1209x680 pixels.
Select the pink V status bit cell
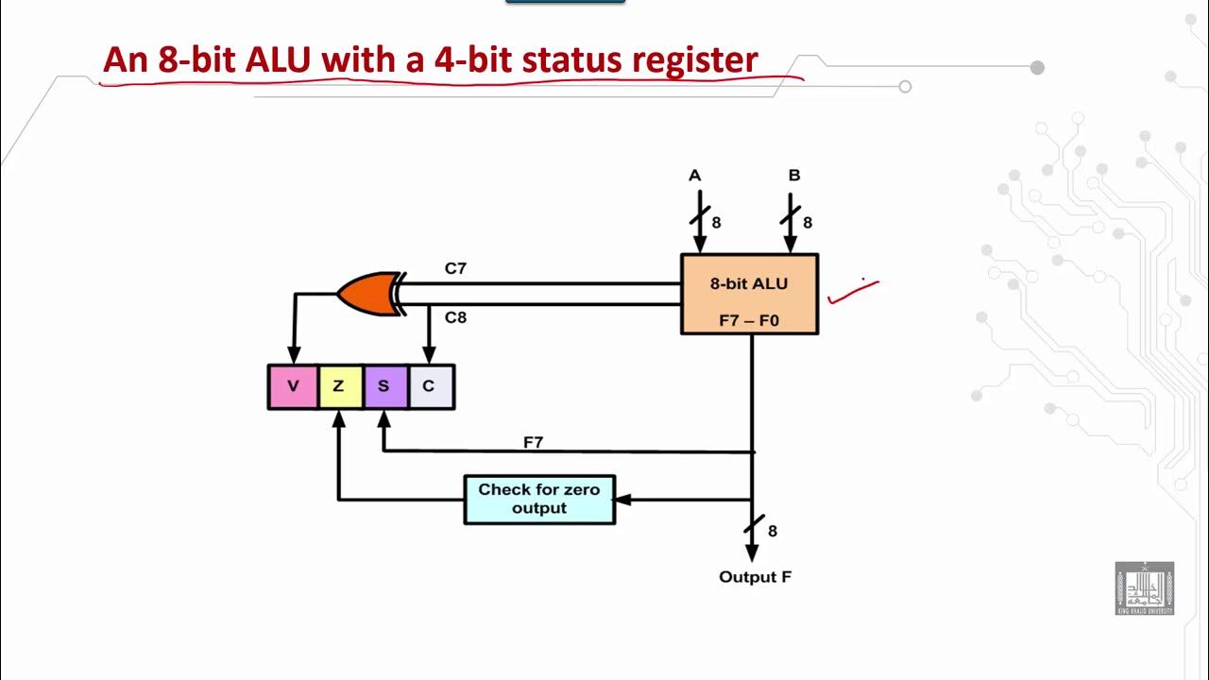pos(293,386)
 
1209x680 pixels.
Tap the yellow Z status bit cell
pos(339,386)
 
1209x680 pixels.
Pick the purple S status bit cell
pos(384,386)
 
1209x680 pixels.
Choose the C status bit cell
pos(430,386)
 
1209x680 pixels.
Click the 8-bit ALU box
pos(749,294)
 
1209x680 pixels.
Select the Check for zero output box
pos(539,499)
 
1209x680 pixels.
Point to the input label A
pos(695,176)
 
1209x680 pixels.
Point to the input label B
pos(794,176)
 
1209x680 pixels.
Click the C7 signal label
pos(455,269)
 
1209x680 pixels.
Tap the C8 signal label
pos(455,317)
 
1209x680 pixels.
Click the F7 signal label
pos(534,441)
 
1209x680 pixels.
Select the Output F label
pos(755,577)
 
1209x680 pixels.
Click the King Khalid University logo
pos(1144,588)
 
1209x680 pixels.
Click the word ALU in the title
pos(280,59)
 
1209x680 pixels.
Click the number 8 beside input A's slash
pos(716,223)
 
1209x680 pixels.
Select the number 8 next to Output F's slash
pos(773,532)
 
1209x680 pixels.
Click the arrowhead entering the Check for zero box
pos(622,500)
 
